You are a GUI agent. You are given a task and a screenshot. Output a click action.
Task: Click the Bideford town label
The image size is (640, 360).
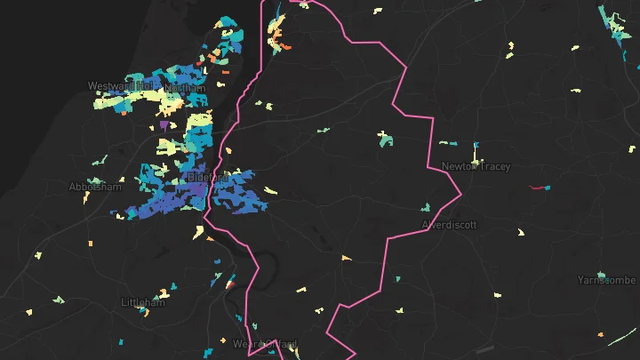[x=208, y=178]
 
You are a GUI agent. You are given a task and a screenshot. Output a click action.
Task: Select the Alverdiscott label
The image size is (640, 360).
[x=449, y=225]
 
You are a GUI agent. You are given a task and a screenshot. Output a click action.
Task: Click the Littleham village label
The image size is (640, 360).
[x=142, y=303]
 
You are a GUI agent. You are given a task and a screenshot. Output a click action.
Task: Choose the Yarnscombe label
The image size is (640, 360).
[x=606, y=280]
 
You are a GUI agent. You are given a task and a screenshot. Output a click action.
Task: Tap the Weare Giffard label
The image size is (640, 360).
[x=264, y=344]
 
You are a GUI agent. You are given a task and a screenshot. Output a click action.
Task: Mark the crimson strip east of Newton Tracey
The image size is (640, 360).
[x=537, y=188]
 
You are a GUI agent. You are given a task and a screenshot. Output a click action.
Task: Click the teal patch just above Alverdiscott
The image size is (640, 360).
[x=426, y=207]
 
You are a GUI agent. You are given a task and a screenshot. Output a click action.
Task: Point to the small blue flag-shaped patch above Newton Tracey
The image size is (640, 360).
[x=476, y=145]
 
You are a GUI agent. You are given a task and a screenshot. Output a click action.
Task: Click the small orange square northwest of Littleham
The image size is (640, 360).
[x=91, y=242]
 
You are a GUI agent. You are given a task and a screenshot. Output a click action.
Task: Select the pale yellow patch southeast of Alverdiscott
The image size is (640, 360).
[x=521, y=233]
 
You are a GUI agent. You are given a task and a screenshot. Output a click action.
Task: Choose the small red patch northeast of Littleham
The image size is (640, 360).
[x=228, y=285]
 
